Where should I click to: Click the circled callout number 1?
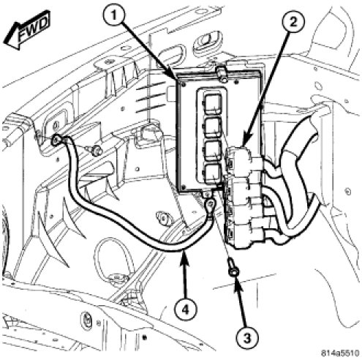(114, 17)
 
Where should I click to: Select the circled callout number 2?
(293, 23)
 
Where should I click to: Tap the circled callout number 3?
(247, 338)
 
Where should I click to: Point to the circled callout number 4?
(185, 310)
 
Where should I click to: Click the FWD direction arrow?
(27, 30)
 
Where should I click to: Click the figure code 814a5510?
(340, 353)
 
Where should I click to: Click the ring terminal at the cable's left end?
(56, 140)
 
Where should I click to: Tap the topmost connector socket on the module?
(213, 104)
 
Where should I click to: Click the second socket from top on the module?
(213, 127)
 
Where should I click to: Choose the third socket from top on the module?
(213, 151)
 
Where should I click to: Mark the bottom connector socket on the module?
(213, 175)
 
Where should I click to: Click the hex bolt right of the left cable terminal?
(97, 151)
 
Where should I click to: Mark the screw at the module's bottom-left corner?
(184, 187)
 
